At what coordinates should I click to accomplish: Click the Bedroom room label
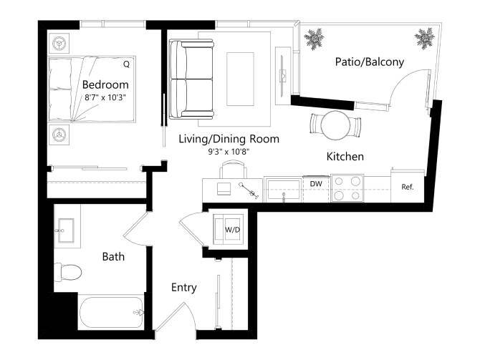click(105, 84)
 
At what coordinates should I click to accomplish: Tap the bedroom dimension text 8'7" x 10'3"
click(105, 98)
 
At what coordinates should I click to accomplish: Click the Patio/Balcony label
click(369, 62)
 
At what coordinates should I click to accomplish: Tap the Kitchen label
click(345, 156)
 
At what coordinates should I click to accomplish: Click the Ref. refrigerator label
click(408, 188)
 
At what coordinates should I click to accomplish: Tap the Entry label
click(183, 287)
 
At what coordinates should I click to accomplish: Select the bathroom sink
click(67, 230)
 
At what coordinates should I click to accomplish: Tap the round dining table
click(334, 125)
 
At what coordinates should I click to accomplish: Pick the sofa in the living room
click(191, 79)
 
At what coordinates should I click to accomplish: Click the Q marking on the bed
click(126, 64)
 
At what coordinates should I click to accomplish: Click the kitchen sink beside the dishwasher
click(284, 189)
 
